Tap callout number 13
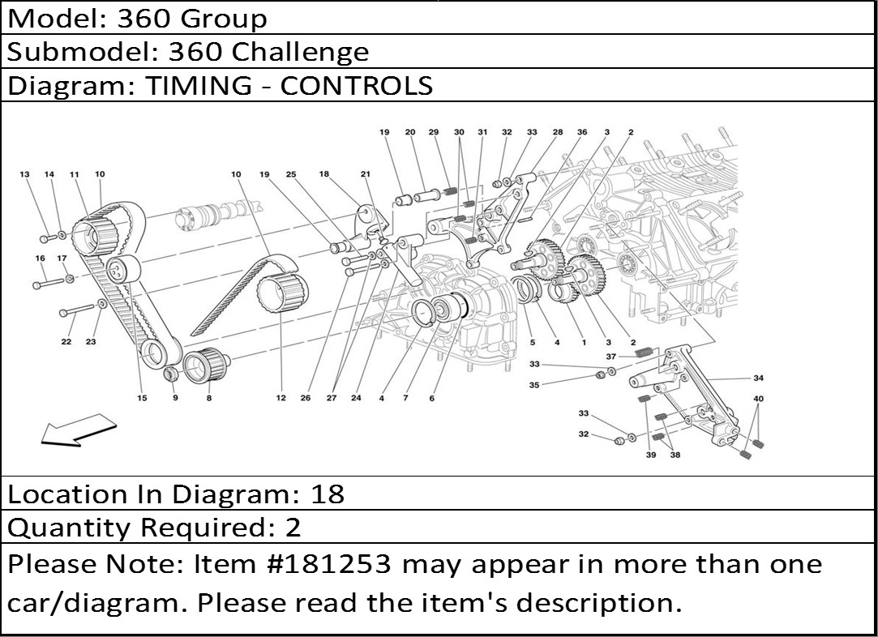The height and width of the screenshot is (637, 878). (24, 174)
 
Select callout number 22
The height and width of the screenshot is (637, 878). (66, 342)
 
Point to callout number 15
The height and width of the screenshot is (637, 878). (141, 398)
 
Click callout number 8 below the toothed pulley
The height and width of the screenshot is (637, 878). (208, 398)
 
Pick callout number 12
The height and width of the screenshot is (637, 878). (281, 398)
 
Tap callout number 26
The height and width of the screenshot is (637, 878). (306, 398)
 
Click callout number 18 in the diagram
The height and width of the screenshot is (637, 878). (323, 174)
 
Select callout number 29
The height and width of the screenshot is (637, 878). (434, 131)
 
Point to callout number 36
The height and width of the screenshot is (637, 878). (581, 131)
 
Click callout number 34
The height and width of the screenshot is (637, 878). (758, 378)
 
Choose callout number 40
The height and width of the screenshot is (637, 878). (758, 399)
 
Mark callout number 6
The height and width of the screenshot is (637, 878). (432, 398)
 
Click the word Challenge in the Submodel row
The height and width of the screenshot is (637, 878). (300, 53)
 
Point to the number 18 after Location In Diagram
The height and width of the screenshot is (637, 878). (328, 494)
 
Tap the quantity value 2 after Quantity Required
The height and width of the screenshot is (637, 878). (293, 528)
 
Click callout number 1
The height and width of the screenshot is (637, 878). (583, 342)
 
